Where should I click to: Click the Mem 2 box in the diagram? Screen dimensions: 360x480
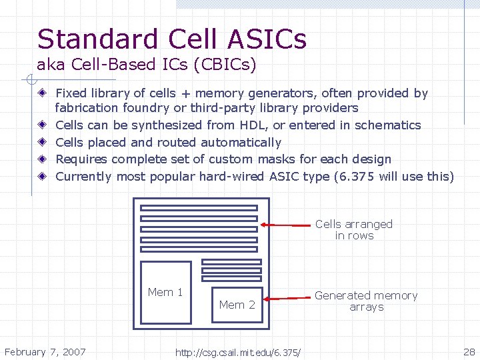(x=237, y=305)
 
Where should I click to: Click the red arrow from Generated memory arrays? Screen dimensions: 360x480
(x=287, y=299)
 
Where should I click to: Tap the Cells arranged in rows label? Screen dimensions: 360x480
(x=354, y=229)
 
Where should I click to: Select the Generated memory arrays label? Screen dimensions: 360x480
(x=366, y=301)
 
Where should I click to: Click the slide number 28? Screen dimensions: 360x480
(x=469, y=351)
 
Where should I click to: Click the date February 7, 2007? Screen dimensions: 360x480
(x=45, y=351)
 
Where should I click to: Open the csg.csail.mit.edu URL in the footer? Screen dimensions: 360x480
(x=237, y=352)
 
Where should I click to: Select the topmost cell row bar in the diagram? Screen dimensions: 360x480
(x=199, y=208)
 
